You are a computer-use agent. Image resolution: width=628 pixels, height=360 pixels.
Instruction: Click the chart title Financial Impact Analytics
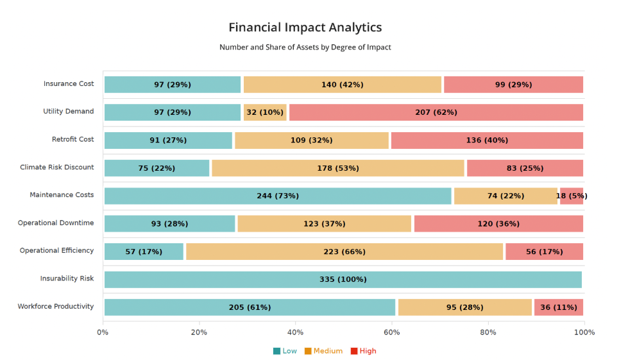pyautogui.click(x=305, y=28)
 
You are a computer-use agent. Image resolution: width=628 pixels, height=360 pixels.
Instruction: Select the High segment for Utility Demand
pyautogui.click(x=436, y=112)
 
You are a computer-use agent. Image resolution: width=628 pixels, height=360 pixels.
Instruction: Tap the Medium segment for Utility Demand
pyautogui.click(x=264, y=112)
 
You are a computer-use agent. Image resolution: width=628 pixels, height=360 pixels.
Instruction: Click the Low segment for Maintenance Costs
pyautogui.click(x=278, y=196)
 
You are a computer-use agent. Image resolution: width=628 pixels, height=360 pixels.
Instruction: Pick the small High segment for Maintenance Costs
pyautogui.click(x=571, y=196)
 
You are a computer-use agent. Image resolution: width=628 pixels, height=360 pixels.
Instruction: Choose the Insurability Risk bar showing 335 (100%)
pyautogui.click(x=343, y=279)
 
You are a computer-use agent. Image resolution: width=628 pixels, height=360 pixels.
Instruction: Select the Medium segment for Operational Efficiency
pyautogui.click(x=344, y=252)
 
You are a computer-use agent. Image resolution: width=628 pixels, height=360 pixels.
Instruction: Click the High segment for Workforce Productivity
pyautogui.click(x=558, y=307)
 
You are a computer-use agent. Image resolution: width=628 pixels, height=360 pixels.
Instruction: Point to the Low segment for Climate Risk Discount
pyautogui.click(x=157, y=168)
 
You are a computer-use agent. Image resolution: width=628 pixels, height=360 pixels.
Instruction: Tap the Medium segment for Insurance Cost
pyautogui.click(x=343, y=85)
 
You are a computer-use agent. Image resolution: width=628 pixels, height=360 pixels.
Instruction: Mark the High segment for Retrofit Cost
pyautogui.click(x=487, y=140)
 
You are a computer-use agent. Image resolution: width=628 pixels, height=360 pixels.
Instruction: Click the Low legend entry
pyautogui.click(x=285, y=351)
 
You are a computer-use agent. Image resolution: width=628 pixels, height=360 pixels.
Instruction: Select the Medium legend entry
pyautogui.click(x=323, y=351)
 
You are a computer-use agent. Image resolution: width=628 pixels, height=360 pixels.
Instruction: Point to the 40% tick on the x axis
pyautogui.click(x=295, y=332)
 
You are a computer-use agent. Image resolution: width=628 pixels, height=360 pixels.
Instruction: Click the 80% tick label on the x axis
pyautogui.click(x=488, y=332)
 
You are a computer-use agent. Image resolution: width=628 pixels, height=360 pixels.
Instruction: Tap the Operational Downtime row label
pyautogui.click(x=56, y=223)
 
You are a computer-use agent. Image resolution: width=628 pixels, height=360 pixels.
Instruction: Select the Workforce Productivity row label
pyautogui.click(x=56, y=307)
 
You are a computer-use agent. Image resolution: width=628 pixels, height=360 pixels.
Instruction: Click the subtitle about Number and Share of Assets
pyautogui.click(x=305, y=47)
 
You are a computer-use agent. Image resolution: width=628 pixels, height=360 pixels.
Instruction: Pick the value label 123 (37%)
pyautogui.click(x=324, y=224)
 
